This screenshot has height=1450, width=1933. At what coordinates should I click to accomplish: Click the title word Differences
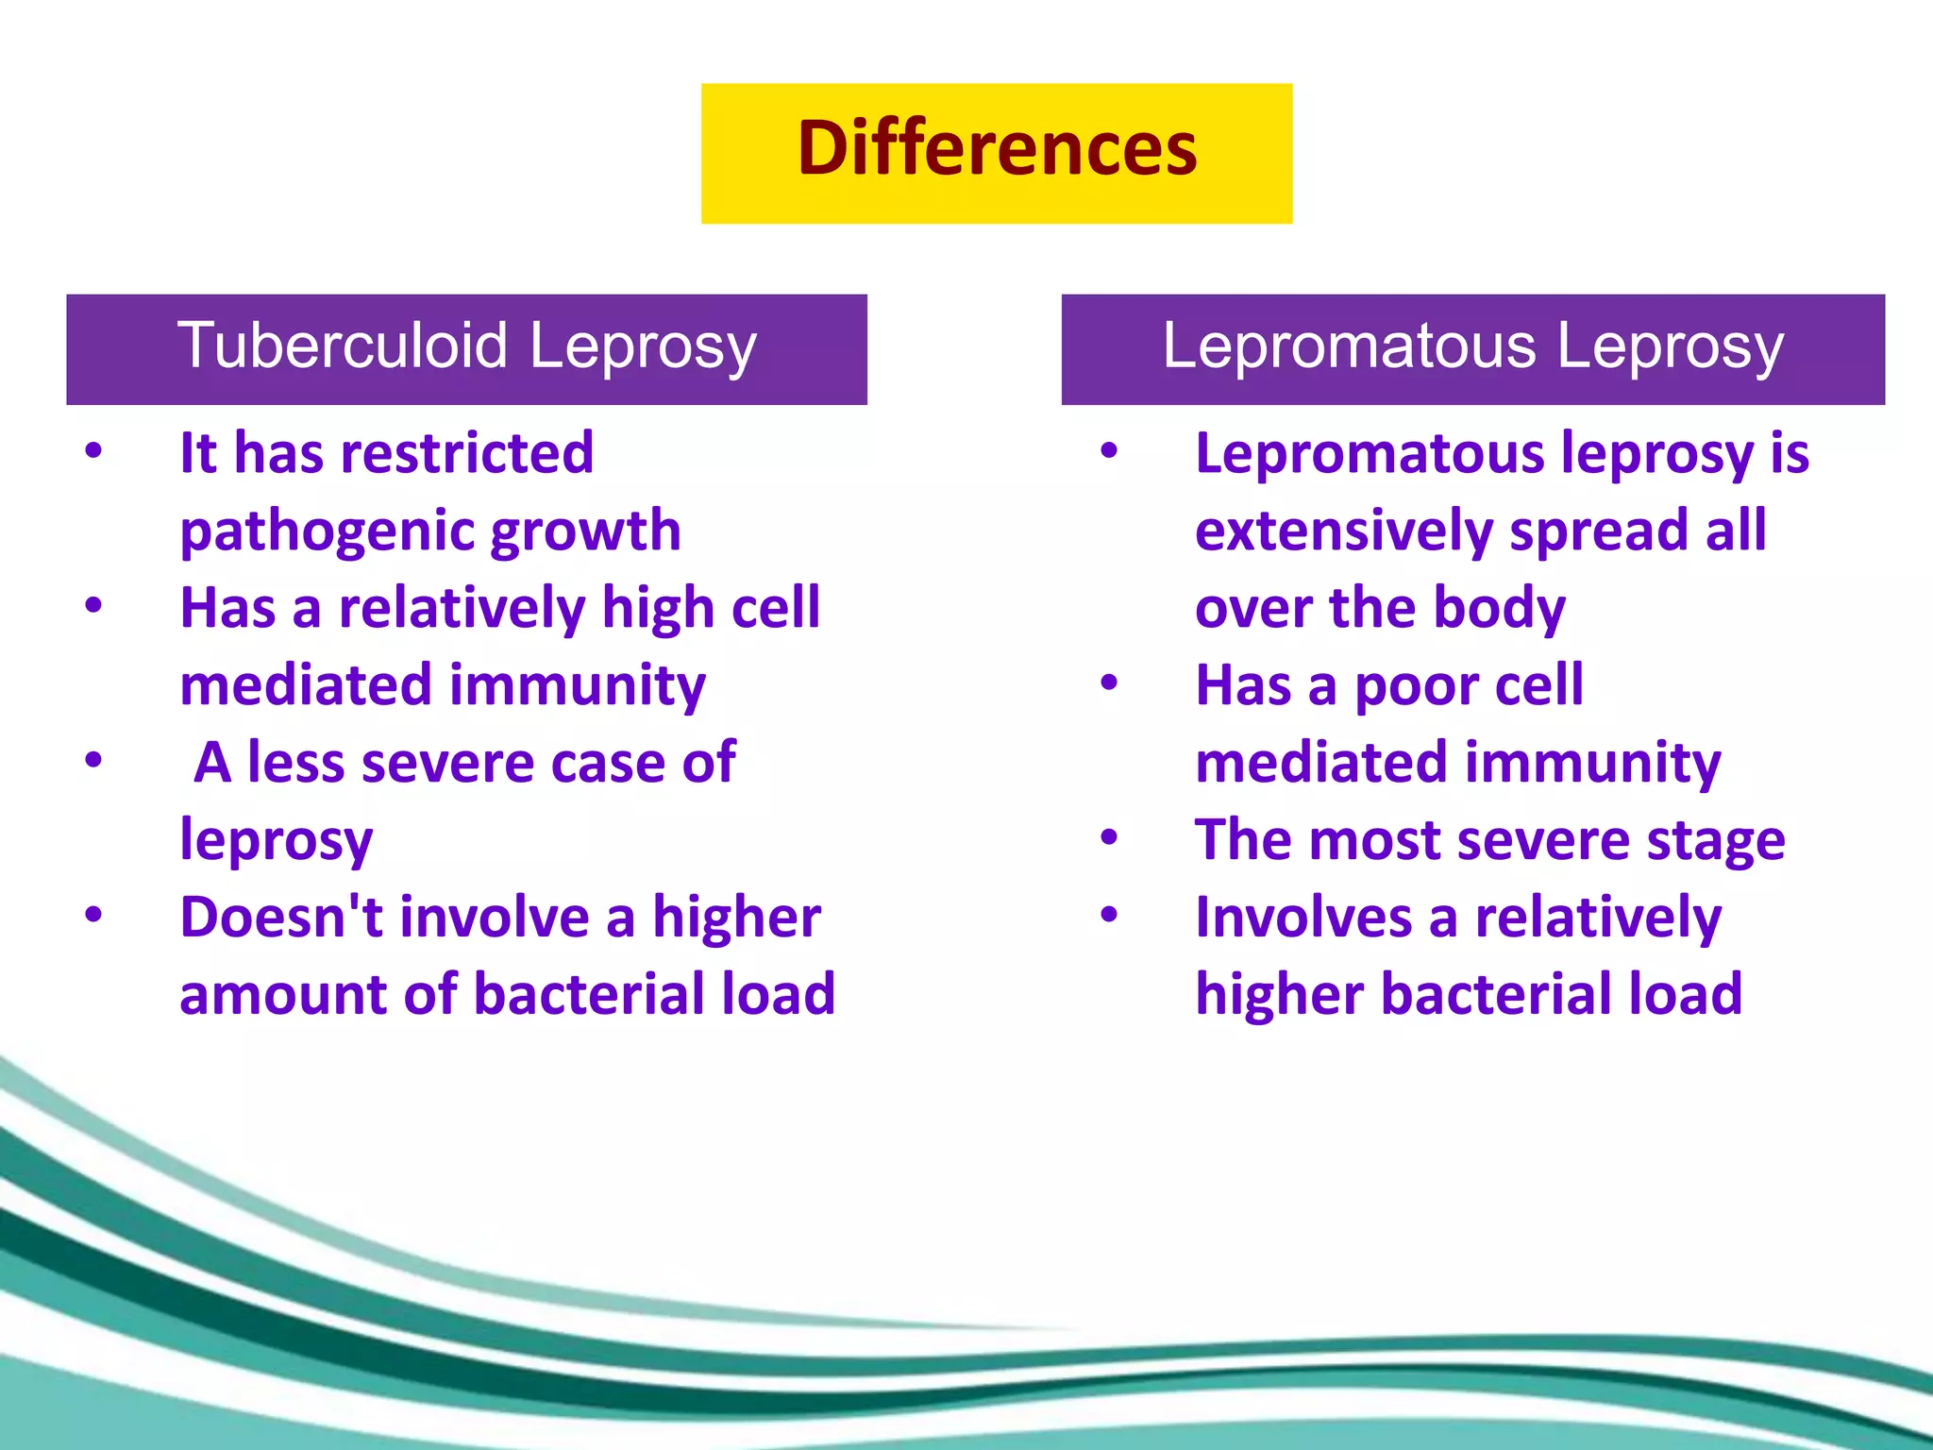pyautogui.click(x=997, y=149)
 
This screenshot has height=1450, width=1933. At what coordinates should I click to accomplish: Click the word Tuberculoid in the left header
pyautogui.click(x=342, y=346)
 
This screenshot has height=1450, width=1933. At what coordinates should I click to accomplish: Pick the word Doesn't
pyautogui.click(x=281, y=918)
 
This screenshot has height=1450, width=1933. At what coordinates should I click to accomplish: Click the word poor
pyautogui.click(x=1416, y=685)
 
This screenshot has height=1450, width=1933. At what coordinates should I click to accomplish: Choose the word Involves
pyautogui.click(x=1303, y=918)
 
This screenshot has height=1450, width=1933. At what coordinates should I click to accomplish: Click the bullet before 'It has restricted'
pyautogui.click(x=92, y=451)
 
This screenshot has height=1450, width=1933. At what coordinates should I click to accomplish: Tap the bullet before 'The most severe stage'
pyautogui.click(x=1109, y=837)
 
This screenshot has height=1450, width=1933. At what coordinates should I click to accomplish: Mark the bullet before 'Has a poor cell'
pyautogui.click(x=1109, y=683)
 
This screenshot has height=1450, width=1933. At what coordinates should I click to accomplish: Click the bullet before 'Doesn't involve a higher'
pyautogui.click(x=92, y=915)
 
